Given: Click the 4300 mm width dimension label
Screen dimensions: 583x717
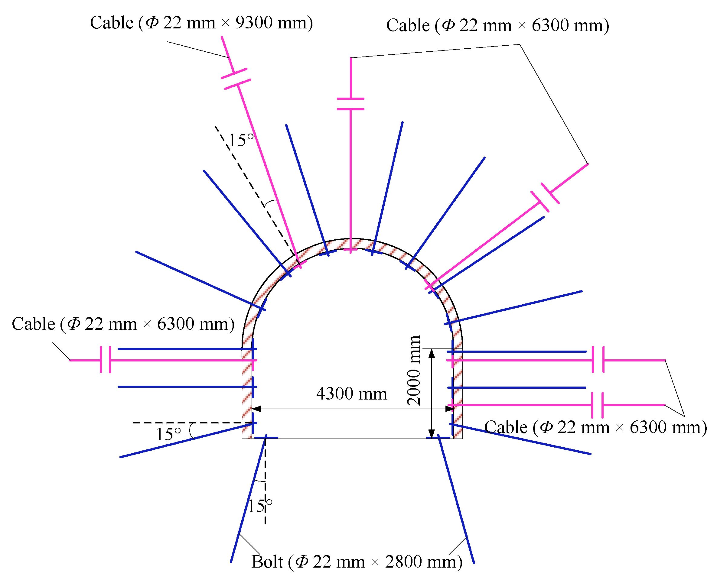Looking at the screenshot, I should pos(351,394).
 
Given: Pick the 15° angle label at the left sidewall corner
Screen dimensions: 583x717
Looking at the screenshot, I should pos(168,435).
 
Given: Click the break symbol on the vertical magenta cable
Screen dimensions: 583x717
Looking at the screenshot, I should pos(350,104).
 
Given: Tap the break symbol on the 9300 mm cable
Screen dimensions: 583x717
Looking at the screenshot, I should pos(236,79).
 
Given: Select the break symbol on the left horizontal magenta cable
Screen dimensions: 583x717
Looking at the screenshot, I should pos(106,360).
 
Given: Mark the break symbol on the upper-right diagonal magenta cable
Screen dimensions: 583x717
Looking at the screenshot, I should pos(545,197).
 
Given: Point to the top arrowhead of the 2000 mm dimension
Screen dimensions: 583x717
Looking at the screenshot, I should pos(432,353).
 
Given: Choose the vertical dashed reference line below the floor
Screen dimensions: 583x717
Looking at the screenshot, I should pos(265,487).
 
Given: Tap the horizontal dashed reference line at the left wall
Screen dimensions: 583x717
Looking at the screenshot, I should pos(188,423).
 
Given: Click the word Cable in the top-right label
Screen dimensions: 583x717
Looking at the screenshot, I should pos(408,25).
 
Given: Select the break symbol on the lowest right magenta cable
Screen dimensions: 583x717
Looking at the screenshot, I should pos(597,405).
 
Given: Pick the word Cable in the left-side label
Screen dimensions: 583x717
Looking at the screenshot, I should pos(33,324).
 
